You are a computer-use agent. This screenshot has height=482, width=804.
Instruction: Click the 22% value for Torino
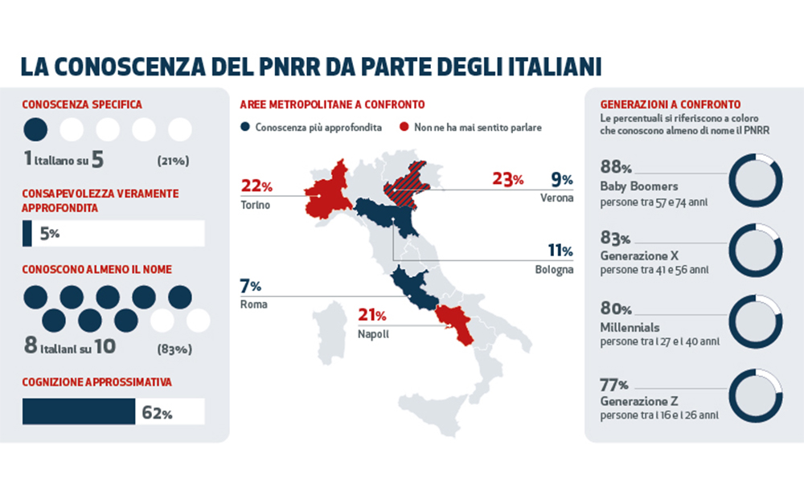256,186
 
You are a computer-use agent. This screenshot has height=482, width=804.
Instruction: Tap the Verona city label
556,198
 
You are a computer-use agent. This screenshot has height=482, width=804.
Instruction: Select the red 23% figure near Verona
507,179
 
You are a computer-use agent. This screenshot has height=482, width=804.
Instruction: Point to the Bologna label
554,270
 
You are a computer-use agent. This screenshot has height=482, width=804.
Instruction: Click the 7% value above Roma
251,286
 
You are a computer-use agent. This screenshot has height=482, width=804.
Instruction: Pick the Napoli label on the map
375,333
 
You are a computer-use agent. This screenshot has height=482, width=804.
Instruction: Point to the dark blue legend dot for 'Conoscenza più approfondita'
245,128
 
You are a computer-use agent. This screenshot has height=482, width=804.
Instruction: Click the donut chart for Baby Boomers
755,185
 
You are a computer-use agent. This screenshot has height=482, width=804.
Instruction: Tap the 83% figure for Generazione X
615,239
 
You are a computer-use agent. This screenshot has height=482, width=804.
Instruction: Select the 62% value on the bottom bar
157,414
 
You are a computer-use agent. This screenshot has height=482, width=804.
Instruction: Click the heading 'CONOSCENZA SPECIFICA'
82,104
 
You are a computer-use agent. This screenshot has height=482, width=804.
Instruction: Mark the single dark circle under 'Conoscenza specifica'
35,129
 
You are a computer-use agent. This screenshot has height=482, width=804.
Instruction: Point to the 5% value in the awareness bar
49,235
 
